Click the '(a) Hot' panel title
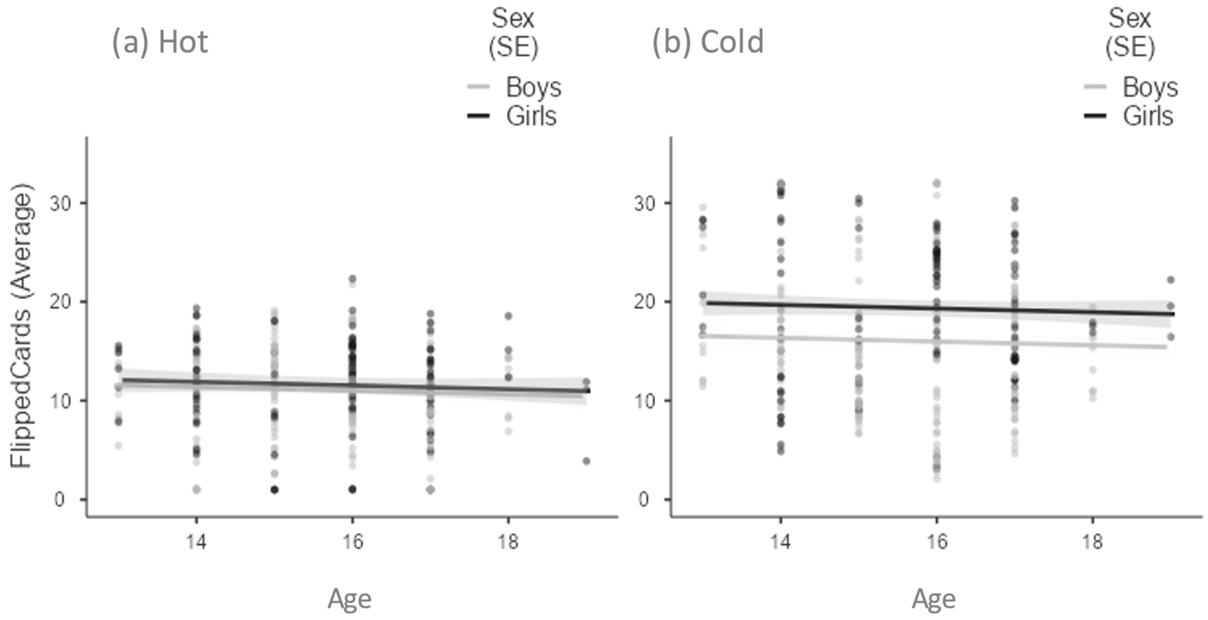click(x=160, y=42)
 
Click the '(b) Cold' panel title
click(x=708, y=42)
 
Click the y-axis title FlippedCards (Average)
click(x=22, y=325)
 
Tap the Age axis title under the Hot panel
click(x=349, y=599)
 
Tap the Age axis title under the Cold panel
click(x=933, y=599)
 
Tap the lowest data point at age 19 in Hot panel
click(x=586, y=461)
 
